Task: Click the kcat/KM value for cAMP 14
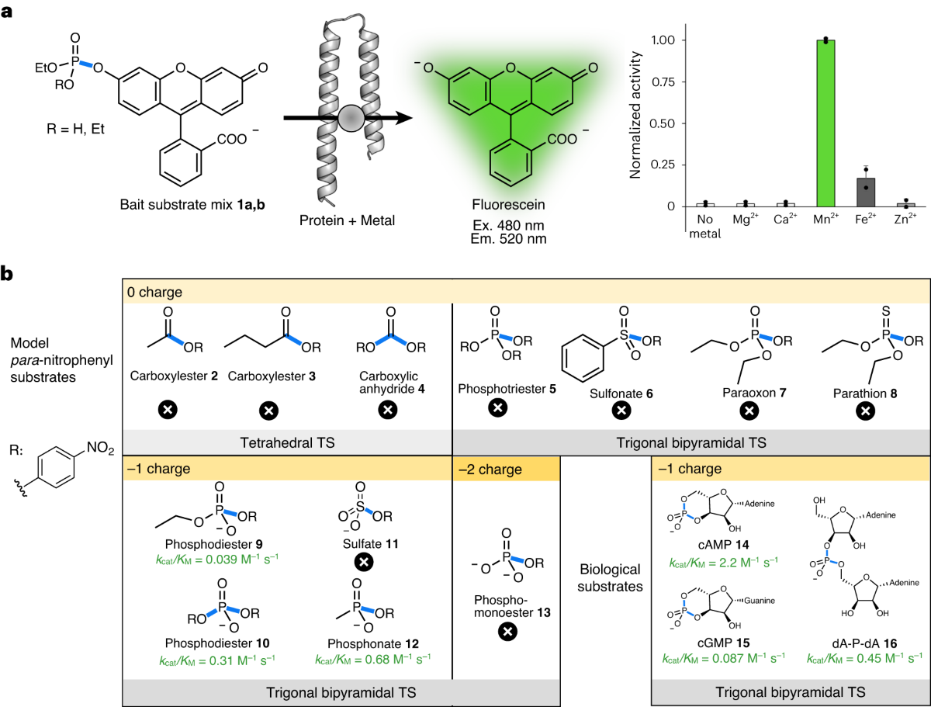(725, 560)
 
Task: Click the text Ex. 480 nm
(511, 225)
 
